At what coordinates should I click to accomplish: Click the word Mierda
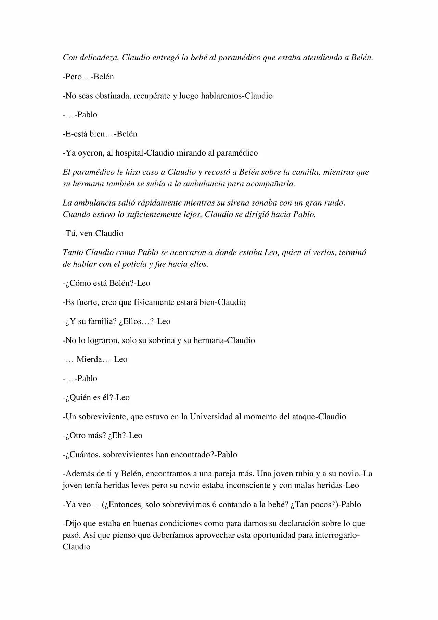[x=89, y=359]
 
